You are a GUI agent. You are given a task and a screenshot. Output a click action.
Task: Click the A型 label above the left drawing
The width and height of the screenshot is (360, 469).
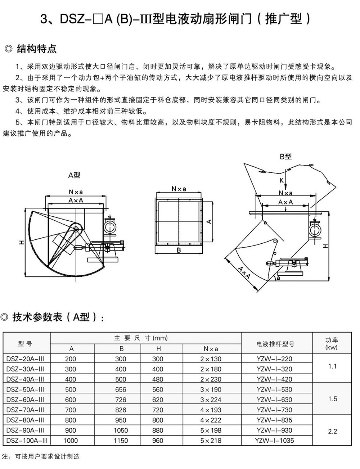click(74, 175)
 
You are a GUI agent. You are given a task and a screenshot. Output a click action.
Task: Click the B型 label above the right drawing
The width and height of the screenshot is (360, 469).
click(285, 157)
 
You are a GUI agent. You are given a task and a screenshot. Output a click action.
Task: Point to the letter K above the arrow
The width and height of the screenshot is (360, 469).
click(282, 180)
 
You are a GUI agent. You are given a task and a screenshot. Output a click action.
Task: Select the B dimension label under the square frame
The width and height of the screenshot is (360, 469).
click(179, 251)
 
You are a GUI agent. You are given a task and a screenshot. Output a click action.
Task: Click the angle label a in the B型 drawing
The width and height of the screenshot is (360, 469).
click(278, 278)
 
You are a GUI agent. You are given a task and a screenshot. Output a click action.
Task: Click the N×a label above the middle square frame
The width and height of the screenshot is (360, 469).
click(179, 189)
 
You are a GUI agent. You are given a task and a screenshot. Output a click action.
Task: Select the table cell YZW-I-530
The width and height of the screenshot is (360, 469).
click(274, 389)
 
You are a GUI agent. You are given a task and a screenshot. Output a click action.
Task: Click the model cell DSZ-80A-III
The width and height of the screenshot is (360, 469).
click(25, 420)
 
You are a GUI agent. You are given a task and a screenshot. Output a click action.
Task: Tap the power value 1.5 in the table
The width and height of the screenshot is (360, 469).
click(332, 399)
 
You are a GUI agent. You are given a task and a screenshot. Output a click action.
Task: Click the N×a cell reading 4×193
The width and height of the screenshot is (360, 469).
click(211, 410)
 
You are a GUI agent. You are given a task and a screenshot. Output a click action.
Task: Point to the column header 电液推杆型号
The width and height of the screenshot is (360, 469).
click(275, 344)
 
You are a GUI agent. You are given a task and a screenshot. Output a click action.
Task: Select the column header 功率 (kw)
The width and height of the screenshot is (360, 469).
click(332, 344)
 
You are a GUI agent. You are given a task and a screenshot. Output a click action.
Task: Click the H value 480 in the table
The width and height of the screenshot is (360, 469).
click(157, 379)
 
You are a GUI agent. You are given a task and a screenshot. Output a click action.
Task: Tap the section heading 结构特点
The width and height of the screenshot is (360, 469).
click(37, 49)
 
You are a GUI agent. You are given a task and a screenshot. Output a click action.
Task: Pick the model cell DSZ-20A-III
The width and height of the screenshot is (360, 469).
click(25, 359)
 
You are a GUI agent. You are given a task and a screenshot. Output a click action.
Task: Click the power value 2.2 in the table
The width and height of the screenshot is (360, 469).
click(332, 431)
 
